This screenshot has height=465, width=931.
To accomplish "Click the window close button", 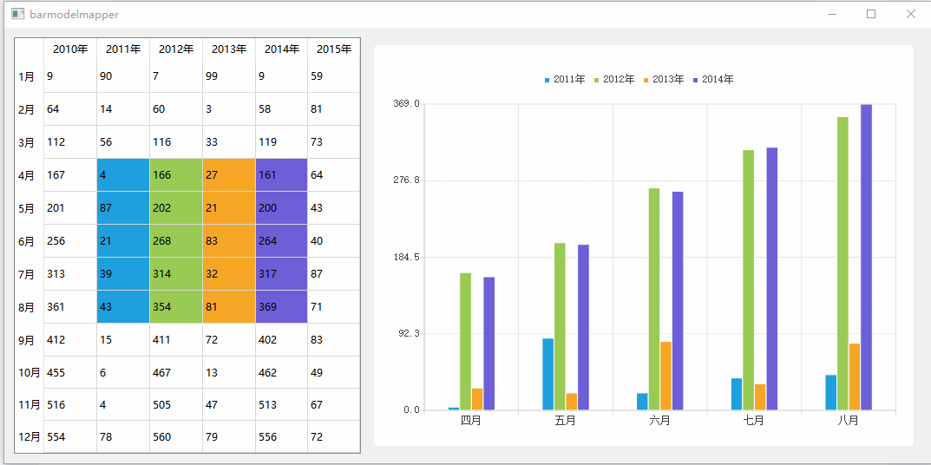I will pos(910,14).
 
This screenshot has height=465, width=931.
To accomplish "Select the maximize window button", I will pos(871,14).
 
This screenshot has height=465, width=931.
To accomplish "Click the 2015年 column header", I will pos(334,49).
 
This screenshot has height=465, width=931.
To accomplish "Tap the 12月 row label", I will pos(29,437).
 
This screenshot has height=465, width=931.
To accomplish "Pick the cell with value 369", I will pos(281,307).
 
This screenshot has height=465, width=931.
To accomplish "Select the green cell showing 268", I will pos(176,241).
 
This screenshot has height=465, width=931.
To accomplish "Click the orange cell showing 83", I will pos(229,241).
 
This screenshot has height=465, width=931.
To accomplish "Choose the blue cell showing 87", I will pos(123,208).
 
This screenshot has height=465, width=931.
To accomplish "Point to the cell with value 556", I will pos(281,437).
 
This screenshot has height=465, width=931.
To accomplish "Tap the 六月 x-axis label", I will pos(659,421).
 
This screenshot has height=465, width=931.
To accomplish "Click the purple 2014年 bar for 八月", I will pos(866,257).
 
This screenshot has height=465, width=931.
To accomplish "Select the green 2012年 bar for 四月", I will pos(465,342).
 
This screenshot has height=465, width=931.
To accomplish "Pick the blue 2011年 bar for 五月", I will pos(547,374).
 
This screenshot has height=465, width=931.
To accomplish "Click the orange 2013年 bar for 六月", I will pos(665,376).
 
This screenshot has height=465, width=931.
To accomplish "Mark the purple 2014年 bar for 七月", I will pos(771,278).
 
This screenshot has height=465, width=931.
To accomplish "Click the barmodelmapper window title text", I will pos(75,15).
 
